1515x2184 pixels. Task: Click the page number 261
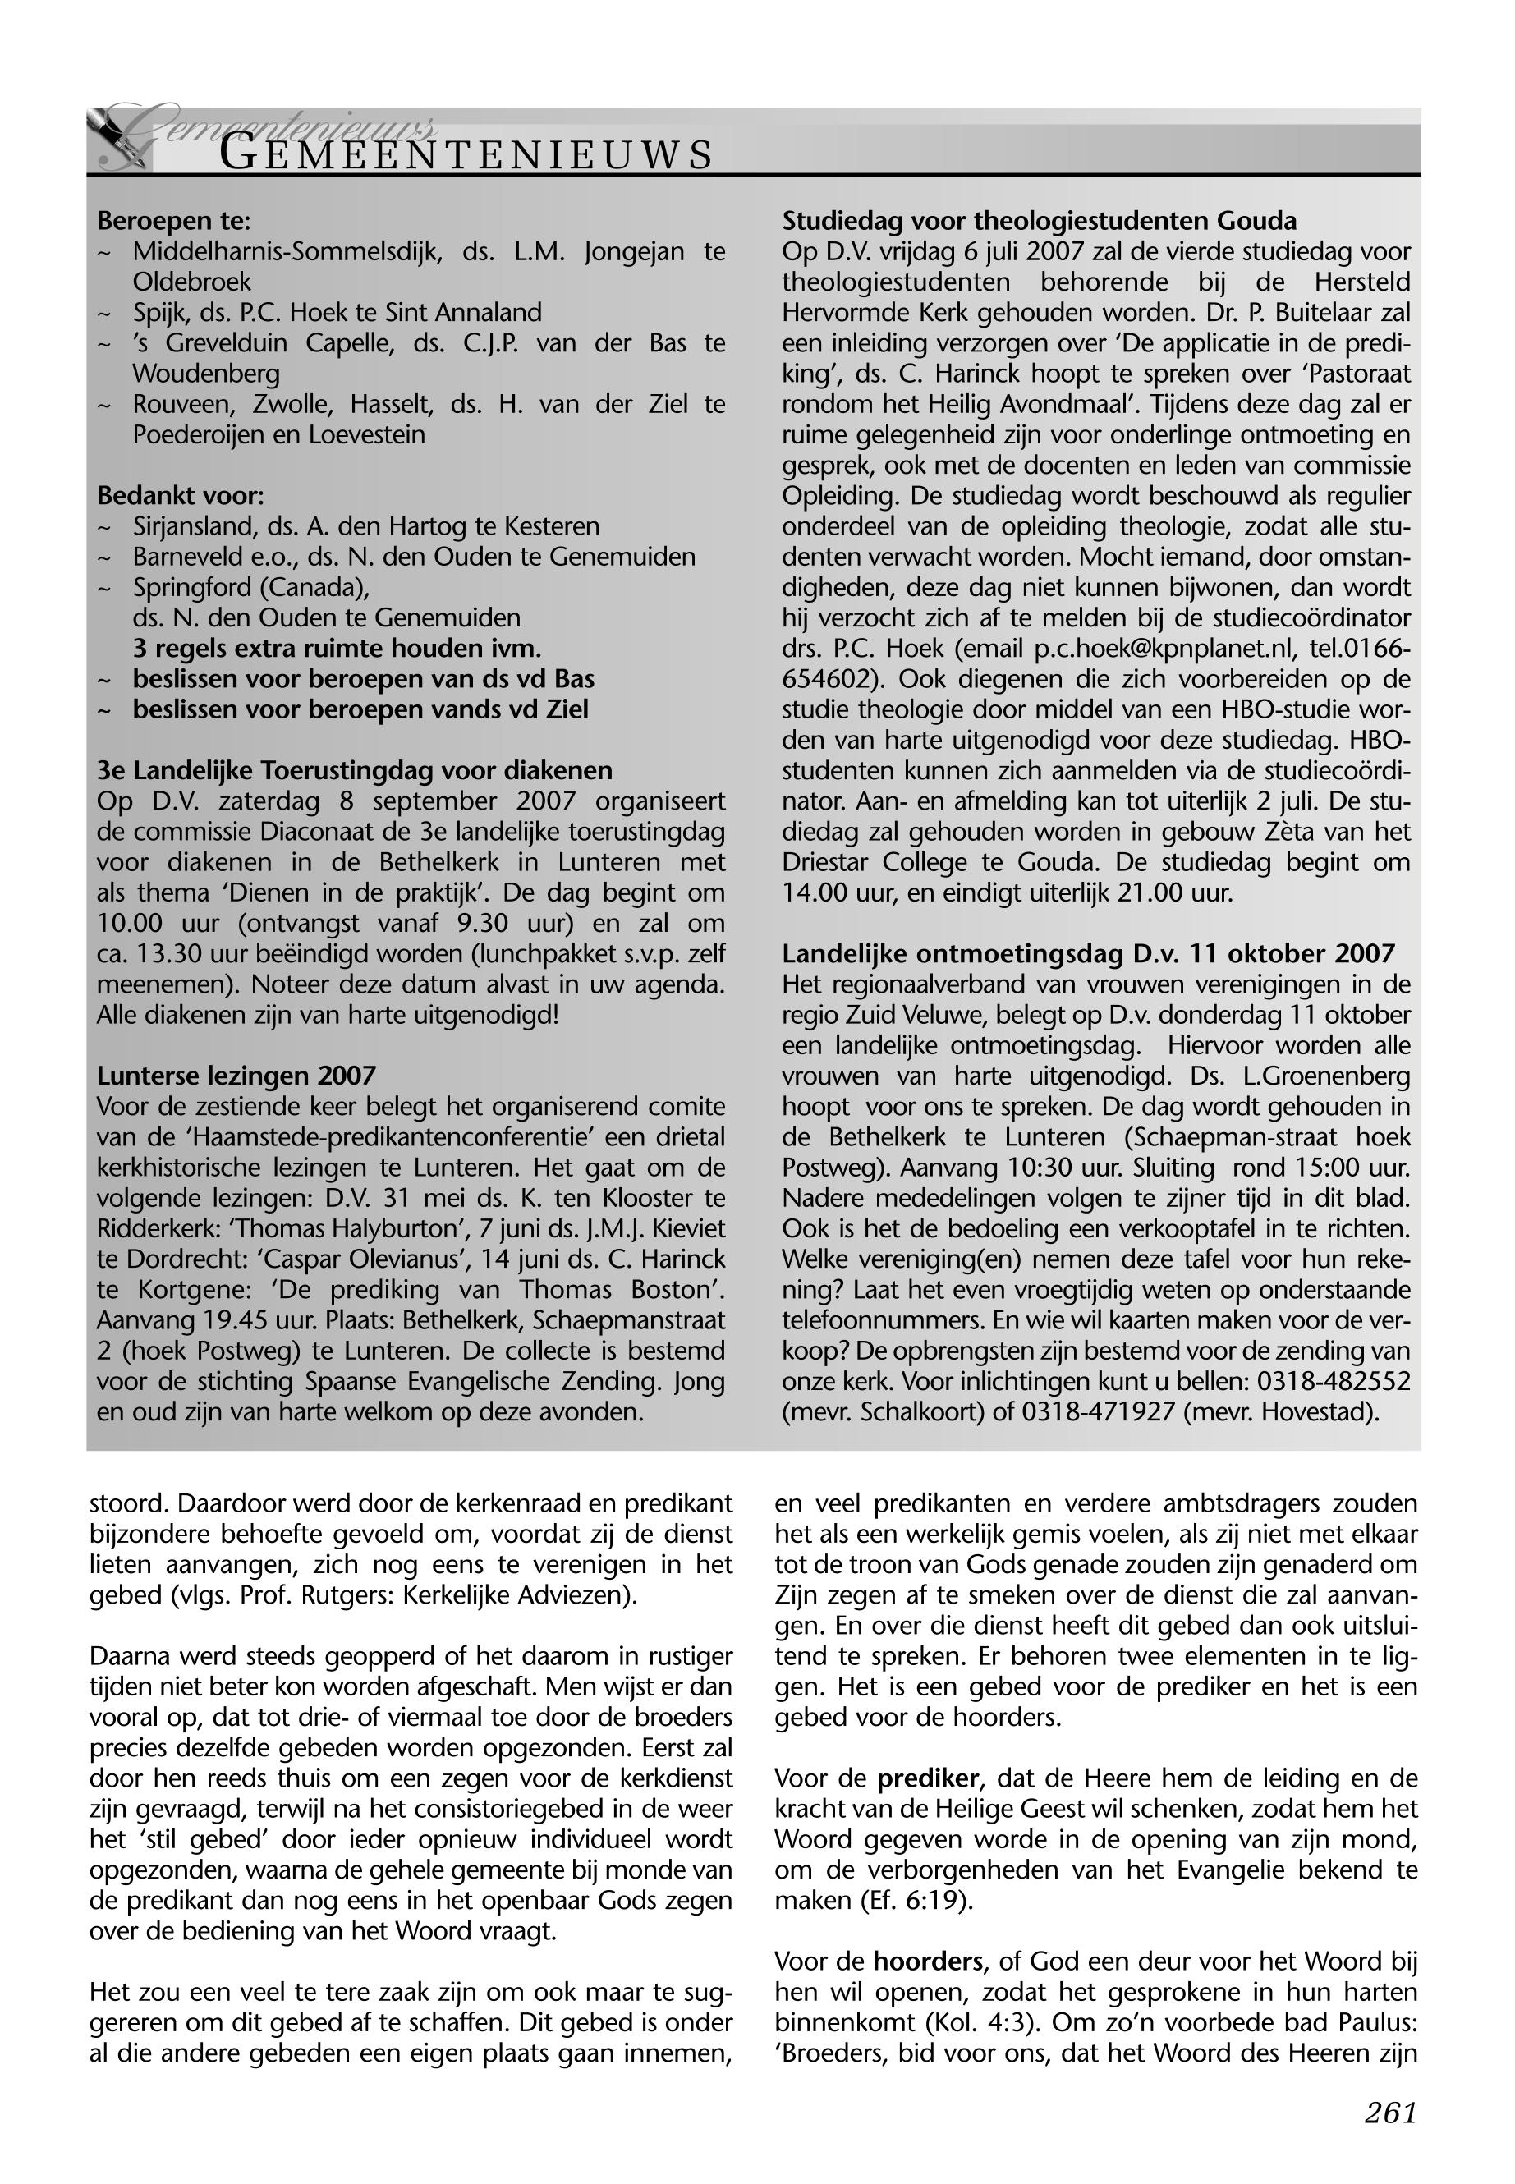[1391, 2112]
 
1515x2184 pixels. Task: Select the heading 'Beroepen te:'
[174, 221]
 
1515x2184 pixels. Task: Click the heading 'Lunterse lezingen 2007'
[236, 1076]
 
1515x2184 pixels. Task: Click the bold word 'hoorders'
[927, 1961]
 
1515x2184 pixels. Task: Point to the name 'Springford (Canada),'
[250, 588]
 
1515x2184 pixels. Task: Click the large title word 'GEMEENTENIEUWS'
[465, 154]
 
